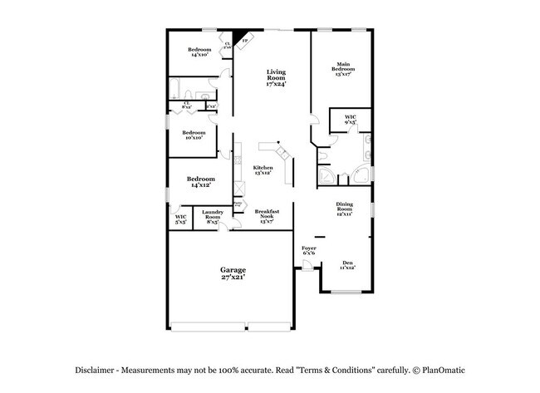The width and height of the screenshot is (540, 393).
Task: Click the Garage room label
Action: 232,270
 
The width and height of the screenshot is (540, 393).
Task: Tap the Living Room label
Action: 276,75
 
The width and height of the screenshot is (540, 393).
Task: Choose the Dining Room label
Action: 345,207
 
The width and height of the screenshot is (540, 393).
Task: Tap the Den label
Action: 348,263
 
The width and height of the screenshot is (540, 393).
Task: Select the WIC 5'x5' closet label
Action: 180,219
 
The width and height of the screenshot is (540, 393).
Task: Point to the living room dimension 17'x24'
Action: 276,84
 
